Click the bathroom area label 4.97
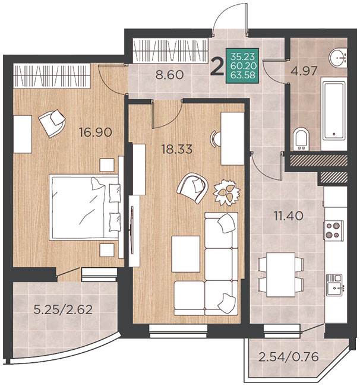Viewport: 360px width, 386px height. click(x=304, y=71)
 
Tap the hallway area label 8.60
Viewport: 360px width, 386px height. click(x=170, y=75)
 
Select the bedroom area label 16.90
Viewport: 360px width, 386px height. click(x=96, y=132)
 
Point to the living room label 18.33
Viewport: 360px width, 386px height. click(x=177, y=149)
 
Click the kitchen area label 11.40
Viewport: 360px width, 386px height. click(x=289, y=216)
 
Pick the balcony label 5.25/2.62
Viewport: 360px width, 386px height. click(x=63, y=309)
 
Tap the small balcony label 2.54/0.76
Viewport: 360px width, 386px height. click(x=289, y=357)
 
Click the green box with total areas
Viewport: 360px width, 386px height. click(x=242, y=66)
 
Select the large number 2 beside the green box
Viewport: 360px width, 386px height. click(x=217, y=67)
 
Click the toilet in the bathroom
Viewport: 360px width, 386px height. click(x=301, y=139)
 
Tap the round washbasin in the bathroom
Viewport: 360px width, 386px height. click(x=338, y=58)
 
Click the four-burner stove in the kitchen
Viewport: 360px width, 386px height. click(x=333, y=230)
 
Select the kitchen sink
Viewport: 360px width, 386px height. click(x=334, y=285)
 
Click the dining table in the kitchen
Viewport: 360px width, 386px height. click(x=281, y=275)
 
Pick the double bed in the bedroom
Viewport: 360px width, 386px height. click(x=85, y=207)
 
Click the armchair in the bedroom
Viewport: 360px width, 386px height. click(x=52, y=124)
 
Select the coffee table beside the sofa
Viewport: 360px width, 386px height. click(x=186, y=254)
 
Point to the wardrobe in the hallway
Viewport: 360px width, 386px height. click(x=170, y=50)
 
